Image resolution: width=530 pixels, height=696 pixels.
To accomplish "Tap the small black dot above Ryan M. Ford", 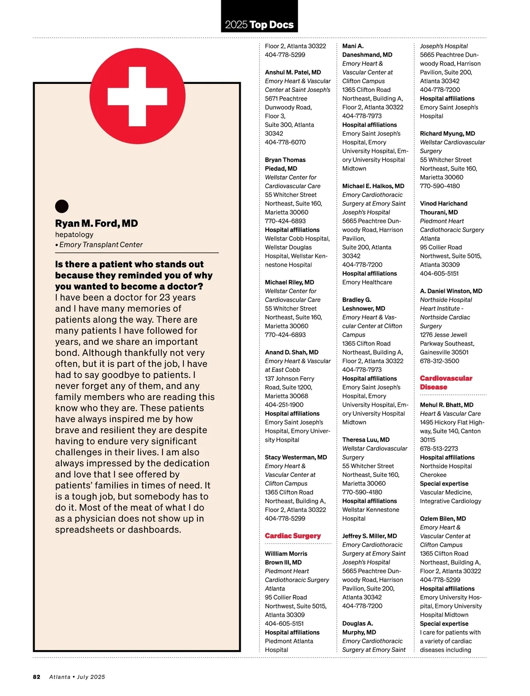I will coord(62,206).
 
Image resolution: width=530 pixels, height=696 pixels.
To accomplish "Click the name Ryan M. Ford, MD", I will coord(96,223).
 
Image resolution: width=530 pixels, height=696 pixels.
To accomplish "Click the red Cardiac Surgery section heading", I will coord(293,536).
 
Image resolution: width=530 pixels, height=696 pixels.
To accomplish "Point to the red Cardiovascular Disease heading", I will coord(446,382).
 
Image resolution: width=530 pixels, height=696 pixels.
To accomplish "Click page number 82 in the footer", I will coord(37,677).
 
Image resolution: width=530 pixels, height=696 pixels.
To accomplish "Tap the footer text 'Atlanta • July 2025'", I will coord(77,677).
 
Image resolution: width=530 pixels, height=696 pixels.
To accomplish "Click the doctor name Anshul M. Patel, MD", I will coord(293,72).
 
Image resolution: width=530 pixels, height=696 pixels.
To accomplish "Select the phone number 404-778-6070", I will coord(285,142).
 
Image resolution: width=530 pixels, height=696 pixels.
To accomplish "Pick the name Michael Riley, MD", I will coord(289,282).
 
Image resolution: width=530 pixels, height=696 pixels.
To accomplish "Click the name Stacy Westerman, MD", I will coord(296,457).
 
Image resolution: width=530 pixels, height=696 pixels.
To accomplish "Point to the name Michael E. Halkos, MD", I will coord(373,186).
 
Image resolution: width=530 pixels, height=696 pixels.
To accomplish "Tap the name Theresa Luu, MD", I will coord(366,439).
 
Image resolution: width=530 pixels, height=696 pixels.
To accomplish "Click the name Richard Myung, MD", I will coord(447,133).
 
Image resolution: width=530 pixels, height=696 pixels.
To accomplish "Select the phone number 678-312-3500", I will coord(439,361).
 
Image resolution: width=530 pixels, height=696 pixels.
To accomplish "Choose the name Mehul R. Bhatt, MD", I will coord(447,405).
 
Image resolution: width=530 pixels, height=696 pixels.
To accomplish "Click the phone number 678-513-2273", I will coord(439,448).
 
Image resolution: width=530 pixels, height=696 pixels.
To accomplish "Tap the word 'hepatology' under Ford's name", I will coord(74,235).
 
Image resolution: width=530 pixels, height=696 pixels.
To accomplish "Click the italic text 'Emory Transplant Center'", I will coord(101,245).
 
